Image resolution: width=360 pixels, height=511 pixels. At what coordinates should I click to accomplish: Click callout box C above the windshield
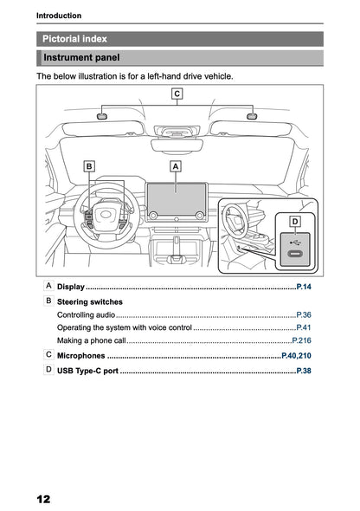pos(177,93)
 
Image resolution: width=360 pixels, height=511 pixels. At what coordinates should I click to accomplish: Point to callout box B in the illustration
pos(89,165)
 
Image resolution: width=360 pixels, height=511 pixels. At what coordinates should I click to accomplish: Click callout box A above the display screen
pos(176,165)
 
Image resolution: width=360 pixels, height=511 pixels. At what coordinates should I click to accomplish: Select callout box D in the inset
pos(294,223)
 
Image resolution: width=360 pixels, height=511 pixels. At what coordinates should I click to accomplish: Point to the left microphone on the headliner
pos(101,115)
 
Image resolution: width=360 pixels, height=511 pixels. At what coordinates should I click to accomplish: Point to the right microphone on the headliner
pos(252,115)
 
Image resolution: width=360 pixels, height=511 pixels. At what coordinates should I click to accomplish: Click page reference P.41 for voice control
pos(303,329)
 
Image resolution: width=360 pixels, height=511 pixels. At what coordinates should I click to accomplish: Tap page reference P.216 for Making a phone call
pos(301,343)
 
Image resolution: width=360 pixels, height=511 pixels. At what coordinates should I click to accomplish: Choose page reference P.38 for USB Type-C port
pos(303,371)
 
